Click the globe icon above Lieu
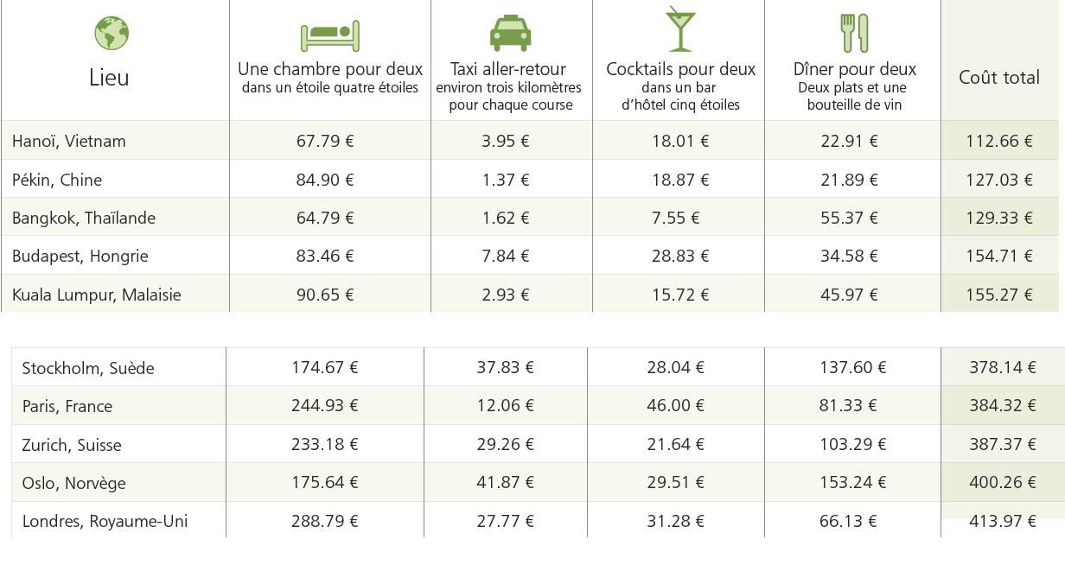(112, 34)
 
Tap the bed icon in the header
(329, 35)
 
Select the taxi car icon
(510, 33)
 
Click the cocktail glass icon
(680, 29)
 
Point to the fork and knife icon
(855, 33)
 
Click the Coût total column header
(999, 78)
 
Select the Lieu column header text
(109, 78)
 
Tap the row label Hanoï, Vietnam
(69, 142)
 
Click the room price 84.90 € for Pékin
(325, 180)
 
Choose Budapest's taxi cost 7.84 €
(506, 256)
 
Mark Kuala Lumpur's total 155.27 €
(999, 295)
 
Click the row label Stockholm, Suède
(88, 369)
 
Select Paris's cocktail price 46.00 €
(675, 406)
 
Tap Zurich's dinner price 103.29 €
(852, 444)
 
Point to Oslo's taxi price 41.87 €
(505, 483)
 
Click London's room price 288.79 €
(325, 521)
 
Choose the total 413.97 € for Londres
(1003, 521)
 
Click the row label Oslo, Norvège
(74, 484)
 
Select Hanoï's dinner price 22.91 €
(849, 142)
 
